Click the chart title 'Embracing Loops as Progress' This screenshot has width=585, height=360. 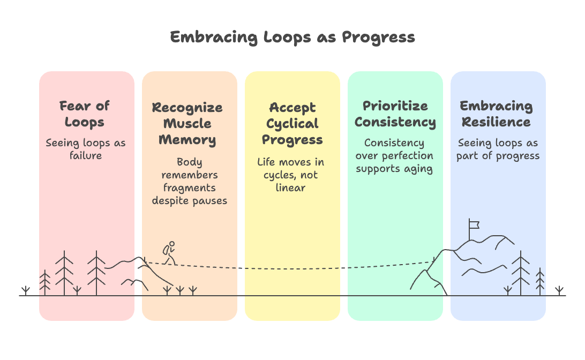point(292,37)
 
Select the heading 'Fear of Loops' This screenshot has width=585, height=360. point(85,114)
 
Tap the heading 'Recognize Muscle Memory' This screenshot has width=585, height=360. point(187,124)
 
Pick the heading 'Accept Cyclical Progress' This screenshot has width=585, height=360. point(292,124)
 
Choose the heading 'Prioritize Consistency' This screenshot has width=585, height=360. point(395,114)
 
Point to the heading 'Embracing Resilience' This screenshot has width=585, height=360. point(496,114)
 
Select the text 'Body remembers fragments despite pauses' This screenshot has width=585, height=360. point(189,181)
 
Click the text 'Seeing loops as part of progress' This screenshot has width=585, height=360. point(498,149)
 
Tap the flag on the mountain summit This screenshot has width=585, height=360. point(473,225)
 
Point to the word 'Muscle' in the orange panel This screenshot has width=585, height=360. point(187,124)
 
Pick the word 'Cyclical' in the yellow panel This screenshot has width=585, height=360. point(292,124)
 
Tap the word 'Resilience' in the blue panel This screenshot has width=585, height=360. point(496,122)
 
